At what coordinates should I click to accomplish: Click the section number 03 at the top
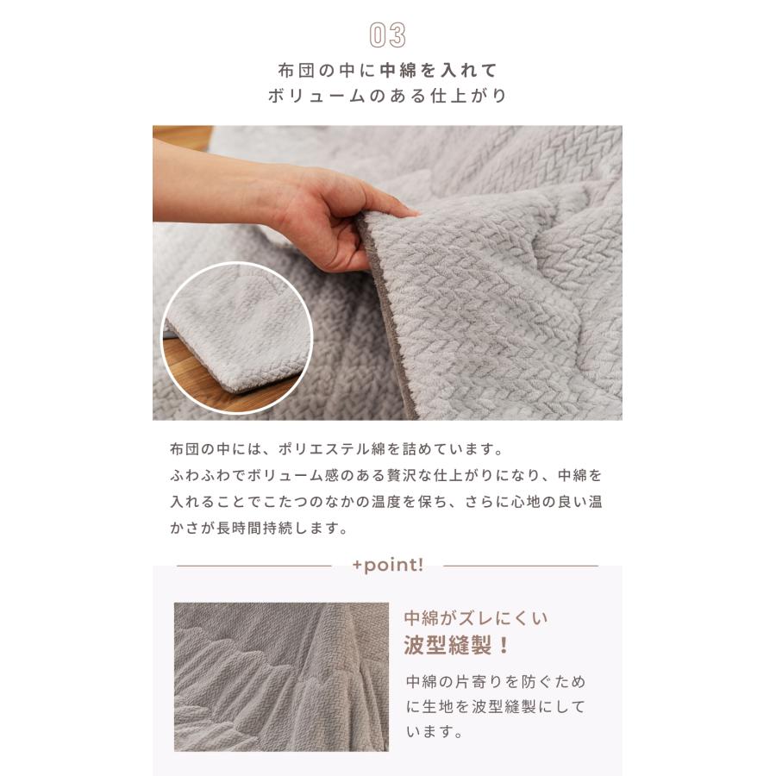click(387, 35)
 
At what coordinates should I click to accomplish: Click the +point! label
click(387, 566)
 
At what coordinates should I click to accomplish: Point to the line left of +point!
click(253, 566)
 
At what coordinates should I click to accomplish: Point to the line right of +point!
click(520, 566)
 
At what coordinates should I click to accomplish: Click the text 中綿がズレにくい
click(476, 618)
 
